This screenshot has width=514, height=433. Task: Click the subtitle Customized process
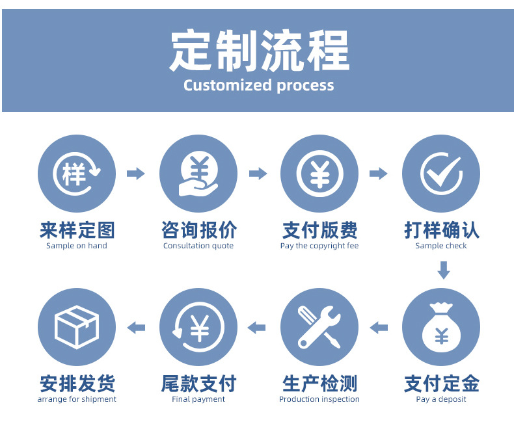click(x=258, y=85)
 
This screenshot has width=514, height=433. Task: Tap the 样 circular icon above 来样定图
click(x=77, y=174)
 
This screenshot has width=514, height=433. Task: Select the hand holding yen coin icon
click(x=198, y=174)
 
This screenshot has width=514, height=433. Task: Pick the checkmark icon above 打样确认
click(x=440, y=174)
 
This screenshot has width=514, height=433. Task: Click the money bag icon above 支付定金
click(x=440, y=327)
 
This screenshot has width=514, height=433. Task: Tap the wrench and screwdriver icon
click(x=319, y=327)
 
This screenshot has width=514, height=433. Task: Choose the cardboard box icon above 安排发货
click(x=77, y=327)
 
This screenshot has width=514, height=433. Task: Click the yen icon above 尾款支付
click(x=198, y=327)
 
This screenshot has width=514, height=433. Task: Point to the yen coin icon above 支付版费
click(x=319, y=174)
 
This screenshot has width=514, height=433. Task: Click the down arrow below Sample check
click(x=443, y=270)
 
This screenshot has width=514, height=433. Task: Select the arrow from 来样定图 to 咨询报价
click(x=135, y=174)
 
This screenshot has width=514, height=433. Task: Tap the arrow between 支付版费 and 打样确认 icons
click(x=378, y=174)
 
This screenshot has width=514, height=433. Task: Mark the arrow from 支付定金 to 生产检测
click(x=379, y=328)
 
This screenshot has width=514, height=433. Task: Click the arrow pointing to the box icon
click(x=136, y=328)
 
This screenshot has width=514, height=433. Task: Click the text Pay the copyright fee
click(x=319, y=246)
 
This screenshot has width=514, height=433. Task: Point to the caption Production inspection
click(x=319, y=399)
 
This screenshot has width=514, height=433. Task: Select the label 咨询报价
click(x=198, y=230)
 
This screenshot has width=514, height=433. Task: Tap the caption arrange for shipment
click(x=77, y=399)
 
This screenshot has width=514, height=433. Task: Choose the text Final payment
click(x=198, y=399)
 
